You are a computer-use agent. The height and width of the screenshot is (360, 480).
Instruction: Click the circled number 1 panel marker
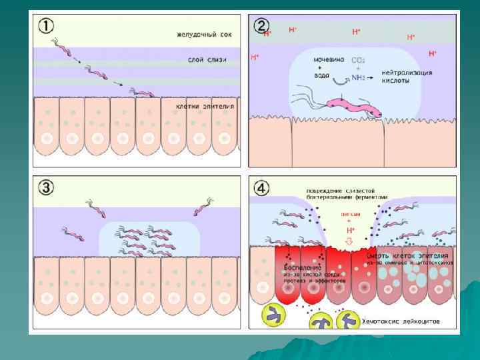click(46, 27)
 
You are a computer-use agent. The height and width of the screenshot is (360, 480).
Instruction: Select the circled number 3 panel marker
click(45, 188)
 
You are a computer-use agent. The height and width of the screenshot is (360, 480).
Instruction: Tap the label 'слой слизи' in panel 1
click(207, 60)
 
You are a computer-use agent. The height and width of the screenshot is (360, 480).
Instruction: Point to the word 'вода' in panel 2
click(322, 75)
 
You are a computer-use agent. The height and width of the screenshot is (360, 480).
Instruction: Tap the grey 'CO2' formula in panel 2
click(358, 59)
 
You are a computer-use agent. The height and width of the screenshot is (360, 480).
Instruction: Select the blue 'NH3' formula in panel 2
click(358, 77)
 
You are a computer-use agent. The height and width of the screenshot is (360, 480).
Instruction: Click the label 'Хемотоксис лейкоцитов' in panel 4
click(400, 321)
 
